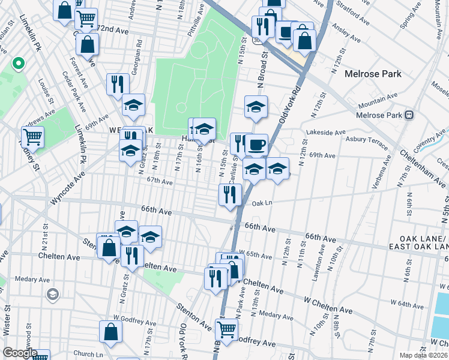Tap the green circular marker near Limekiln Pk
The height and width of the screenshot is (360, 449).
click(18, 62)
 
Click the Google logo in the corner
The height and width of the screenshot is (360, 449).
click(20, 353)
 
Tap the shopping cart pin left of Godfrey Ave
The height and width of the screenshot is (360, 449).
click(226, 329)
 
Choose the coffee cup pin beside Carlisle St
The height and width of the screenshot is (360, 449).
click(257, 145)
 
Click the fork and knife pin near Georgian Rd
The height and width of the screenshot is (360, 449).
click(118, 84)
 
